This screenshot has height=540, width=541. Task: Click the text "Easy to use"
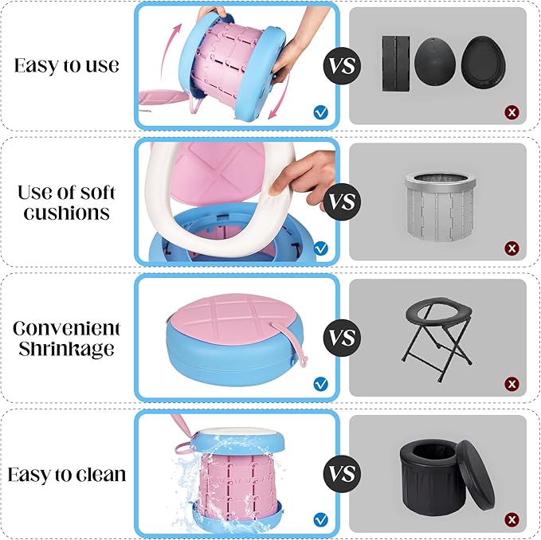(67, 65)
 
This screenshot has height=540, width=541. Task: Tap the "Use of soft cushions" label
(67, 202)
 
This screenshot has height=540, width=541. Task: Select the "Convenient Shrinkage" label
(67, 338)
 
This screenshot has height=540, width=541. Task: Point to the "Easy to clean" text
(67, 475)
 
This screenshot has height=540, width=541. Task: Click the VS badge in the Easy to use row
(343, 66)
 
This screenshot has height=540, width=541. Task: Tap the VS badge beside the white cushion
(343, 202)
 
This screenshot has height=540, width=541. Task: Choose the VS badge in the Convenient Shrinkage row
(343, 338)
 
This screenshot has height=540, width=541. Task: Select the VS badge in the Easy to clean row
(343, 473)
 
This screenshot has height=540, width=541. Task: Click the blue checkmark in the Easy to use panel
(321, 112)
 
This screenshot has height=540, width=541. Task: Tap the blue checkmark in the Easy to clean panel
(321, 519)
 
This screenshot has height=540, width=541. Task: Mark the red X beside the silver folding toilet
(512, 248)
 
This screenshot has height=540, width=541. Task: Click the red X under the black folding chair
(512, 384)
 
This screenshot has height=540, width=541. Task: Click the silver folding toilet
(440, 206)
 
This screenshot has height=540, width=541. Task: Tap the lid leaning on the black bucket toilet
(476, 476)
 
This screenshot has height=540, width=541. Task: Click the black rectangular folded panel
(396, 64)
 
